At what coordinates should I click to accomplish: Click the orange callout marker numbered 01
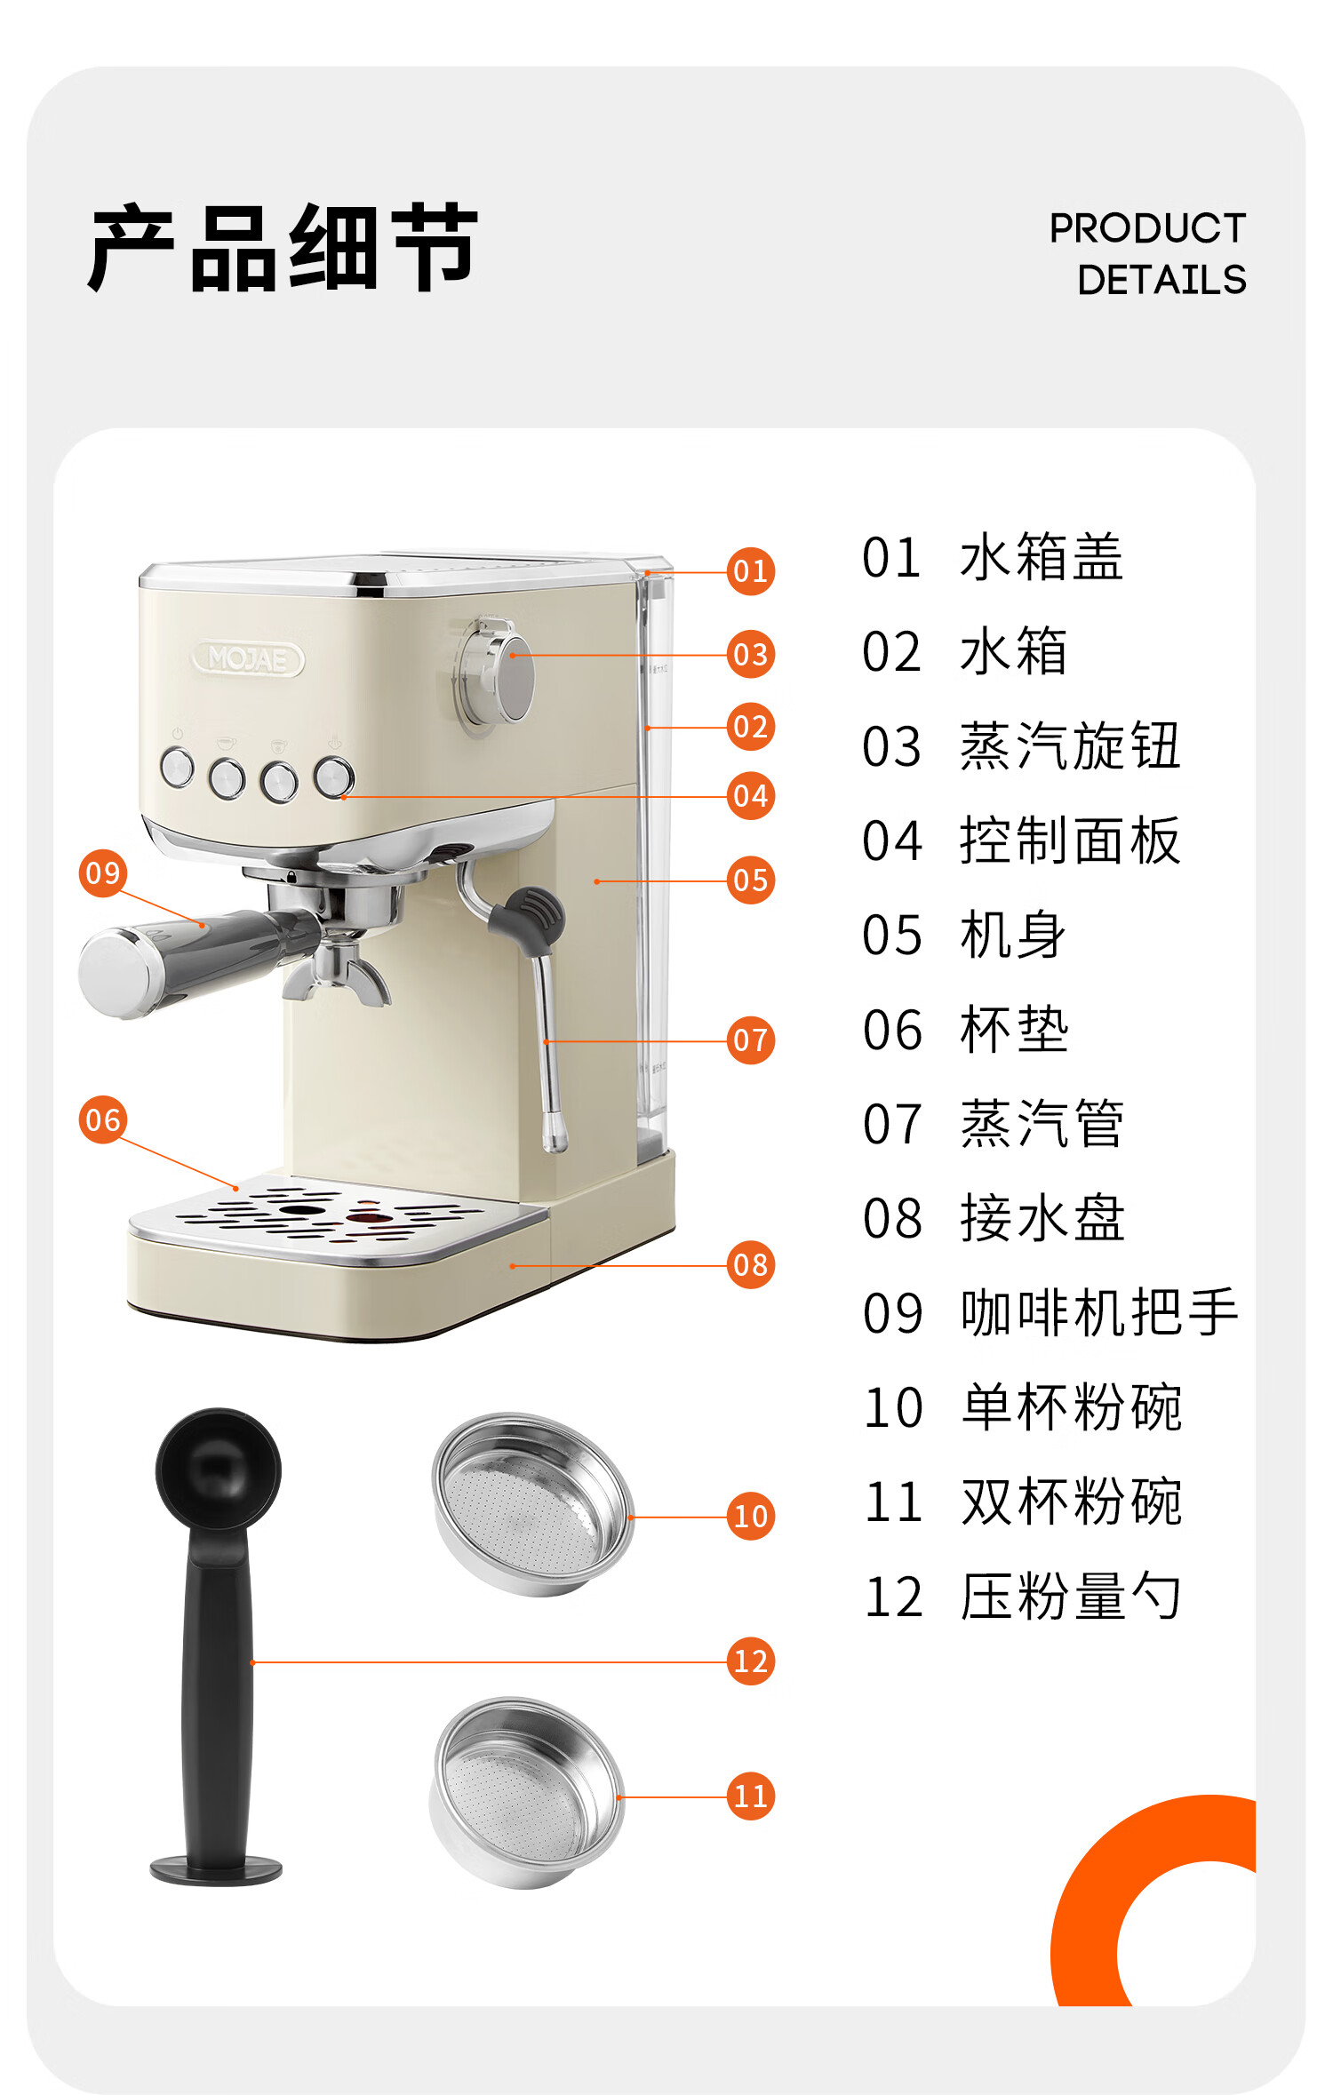coord(751,570)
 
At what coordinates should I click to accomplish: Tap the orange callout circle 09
coord(102,873)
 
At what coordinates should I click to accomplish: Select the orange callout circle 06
coord(102,1119)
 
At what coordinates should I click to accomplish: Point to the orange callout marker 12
coord(751,1661)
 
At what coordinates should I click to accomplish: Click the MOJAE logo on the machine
coord(248,659)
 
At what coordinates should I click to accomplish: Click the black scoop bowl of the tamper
coord(218,1467)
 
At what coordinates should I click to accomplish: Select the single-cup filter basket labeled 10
coord(532,1504)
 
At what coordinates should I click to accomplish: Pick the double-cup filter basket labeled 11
coord(526,1792)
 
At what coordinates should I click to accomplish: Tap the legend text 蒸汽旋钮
coord(1071,745)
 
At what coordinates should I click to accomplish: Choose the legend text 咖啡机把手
coord(1099,1312)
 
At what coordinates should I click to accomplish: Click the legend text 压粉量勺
coord(1071,1597)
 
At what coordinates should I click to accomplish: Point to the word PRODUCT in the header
coord(1147,228)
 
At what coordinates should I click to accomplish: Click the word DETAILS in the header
coord(1161,280)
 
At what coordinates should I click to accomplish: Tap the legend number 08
coord(892,1218)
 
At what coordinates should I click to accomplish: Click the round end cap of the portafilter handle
coord(116,974)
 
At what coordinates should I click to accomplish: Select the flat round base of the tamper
coord(216,1869)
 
